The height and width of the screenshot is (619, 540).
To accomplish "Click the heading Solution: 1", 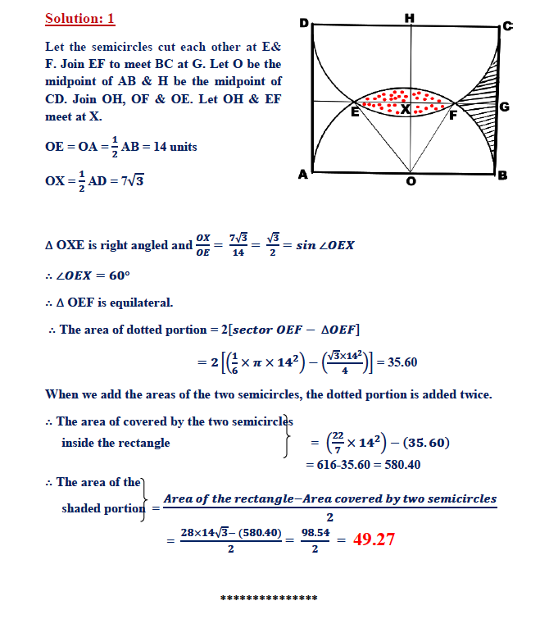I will [80, 18].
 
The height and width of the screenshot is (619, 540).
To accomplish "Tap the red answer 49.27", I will [374, 539].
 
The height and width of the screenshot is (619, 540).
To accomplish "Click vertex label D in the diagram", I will [304, 24].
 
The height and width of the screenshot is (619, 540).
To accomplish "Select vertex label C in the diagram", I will [507, 26].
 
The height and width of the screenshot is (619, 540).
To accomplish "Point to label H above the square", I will [409, 17].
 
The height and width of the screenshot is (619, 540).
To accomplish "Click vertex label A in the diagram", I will [303, 174].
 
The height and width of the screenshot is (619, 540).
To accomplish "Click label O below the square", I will [411, 181].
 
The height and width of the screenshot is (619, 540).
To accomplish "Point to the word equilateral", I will [141, 303].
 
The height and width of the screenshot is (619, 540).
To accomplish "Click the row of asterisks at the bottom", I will [269, 599].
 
